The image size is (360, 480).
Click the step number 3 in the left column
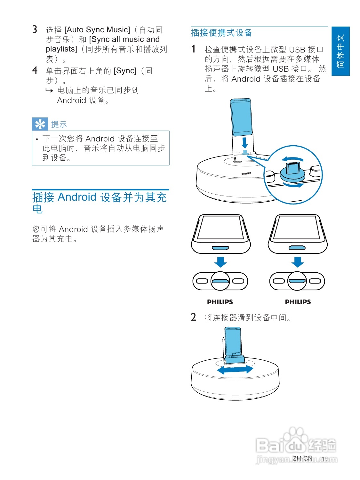(35, 29)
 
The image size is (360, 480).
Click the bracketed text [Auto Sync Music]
(97, 30)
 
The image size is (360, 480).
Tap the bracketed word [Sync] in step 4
(125, 71)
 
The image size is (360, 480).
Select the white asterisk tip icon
(40, 124)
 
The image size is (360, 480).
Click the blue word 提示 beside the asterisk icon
(59, 124)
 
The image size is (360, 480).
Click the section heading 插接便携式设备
(221, 33)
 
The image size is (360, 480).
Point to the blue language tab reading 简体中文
(340, 51)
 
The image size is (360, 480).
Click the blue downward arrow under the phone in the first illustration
(245, 142)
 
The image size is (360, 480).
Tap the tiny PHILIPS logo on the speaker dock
(246, 174)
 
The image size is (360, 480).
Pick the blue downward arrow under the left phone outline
(220, 262)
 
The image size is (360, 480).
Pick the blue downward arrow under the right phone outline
(298, 262)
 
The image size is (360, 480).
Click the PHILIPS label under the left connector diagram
(220, 302)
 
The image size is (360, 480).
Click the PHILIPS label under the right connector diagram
(298, 302)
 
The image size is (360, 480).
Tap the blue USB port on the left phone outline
(220, 248)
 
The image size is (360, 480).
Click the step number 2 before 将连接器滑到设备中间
(194, 317)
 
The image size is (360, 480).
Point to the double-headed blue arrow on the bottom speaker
(235, 370)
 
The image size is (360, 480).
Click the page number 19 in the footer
(325, 459)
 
